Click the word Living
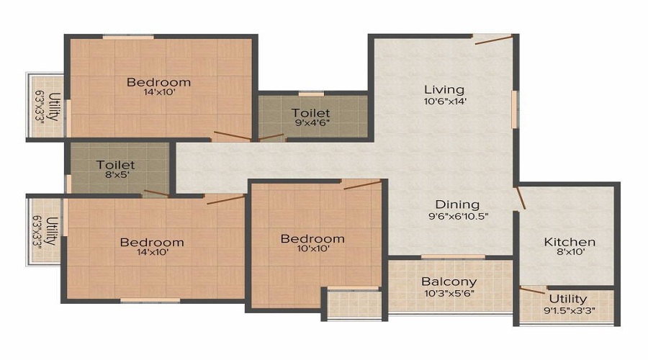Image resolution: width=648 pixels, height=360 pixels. coord(444,89)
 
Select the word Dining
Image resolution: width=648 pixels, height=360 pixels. coord(457,204)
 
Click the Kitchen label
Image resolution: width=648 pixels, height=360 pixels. coord(569,242)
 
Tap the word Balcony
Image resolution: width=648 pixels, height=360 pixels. coord(449,282)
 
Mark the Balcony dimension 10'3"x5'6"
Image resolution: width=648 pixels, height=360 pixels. coord(449,293)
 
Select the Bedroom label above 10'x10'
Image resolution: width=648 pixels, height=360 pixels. coord(312,239)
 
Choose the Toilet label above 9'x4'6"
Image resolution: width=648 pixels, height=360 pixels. coord(311,113)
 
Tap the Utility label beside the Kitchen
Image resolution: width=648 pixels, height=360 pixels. coord(567,299)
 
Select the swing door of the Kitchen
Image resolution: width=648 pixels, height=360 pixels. coord(521,198)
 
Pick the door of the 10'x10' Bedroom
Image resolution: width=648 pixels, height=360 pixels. coord(362,185)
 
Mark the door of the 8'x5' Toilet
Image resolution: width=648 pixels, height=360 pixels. coord(156,193)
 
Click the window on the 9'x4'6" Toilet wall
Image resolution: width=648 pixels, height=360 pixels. coord(311,94)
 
